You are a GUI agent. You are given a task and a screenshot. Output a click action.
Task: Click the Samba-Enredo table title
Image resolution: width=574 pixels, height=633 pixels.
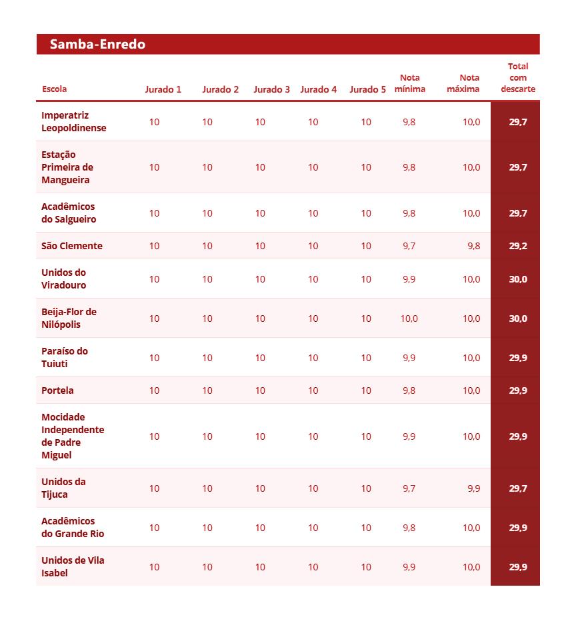click(97, 45)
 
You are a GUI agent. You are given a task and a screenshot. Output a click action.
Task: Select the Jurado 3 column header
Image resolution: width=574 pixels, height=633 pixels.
click(271, 89)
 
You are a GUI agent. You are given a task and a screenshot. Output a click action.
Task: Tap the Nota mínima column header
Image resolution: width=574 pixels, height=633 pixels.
click(409, 83)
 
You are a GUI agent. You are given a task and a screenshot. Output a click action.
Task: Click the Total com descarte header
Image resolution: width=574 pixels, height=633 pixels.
click(518, 77)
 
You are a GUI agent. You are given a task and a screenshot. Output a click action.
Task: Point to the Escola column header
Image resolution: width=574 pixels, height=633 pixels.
click(54, 89)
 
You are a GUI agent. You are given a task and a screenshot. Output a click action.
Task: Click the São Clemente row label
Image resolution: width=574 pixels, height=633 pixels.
click(72, 246)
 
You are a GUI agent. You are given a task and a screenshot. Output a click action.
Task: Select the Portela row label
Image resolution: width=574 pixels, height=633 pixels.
click(57, 390)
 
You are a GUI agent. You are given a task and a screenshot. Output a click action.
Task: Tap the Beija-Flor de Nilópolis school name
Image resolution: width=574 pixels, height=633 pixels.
click(69, 318)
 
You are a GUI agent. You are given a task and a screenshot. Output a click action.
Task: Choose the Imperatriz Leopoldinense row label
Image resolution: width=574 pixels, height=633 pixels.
click(73, 122)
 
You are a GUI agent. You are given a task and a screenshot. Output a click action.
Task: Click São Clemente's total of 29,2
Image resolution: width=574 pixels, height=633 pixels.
click(518, 246)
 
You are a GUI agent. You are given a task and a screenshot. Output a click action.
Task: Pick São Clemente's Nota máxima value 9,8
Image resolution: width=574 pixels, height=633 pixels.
click(473, 246)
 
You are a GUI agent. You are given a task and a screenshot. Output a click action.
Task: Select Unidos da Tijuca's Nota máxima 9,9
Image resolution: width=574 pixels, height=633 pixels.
click(473, 488)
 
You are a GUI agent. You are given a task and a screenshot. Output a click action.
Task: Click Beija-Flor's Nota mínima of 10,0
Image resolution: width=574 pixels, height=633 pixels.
click(409, 318)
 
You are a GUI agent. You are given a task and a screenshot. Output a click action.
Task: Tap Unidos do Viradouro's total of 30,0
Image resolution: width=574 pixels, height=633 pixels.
click(518, 279)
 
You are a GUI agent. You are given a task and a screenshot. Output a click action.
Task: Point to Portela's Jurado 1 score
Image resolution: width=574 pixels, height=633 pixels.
click(154, 390)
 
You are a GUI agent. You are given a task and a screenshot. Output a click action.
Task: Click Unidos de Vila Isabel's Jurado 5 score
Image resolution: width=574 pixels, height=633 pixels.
click(366, 567)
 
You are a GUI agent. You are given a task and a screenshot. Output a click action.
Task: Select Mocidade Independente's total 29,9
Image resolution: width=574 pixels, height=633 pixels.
click(518, 436)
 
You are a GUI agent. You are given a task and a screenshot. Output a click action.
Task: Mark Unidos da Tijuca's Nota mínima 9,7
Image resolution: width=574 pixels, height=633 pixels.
click(409, 488)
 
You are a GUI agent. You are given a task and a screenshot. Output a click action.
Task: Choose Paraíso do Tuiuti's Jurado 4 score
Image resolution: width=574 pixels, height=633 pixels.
click(313, 358)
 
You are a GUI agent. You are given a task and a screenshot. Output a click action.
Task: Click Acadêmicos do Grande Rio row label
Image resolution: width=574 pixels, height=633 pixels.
click(73, 528)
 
